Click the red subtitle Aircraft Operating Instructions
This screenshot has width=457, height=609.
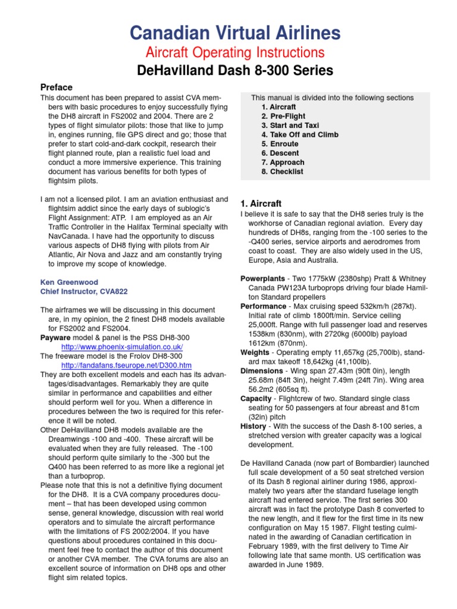pos(228,52)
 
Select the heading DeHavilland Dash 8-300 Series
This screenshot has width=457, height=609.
pos(228,71)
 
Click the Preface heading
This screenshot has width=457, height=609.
pos(56,87)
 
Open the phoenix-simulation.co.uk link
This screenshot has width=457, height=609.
pos(122,347)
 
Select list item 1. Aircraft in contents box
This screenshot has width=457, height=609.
pos(278,107)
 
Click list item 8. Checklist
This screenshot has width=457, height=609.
pos(282,171)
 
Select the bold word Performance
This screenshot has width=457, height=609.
pos(263,306)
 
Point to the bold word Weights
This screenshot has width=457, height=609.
pos(255,353)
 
